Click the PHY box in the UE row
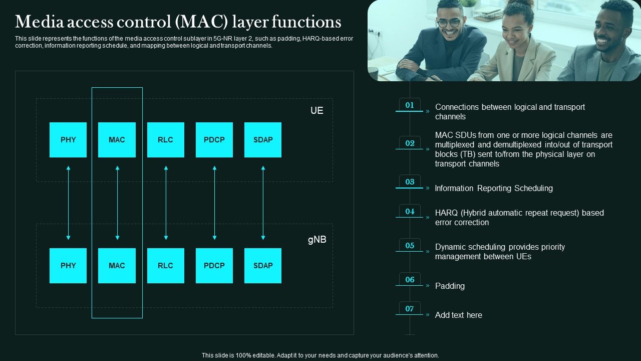68,140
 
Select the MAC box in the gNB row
117,266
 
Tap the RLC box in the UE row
165,140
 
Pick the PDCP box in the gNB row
214,266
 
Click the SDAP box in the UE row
263,140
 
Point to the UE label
316,111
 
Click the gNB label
316,240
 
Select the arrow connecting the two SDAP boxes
263,203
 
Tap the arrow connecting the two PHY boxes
68,203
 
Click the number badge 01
410,105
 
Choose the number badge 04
410,212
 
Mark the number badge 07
410,309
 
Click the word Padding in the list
450,286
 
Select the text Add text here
458,315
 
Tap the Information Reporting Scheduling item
494,188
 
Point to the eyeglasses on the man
448,23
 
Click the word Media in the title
36,22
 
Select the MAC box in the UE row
117,140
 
